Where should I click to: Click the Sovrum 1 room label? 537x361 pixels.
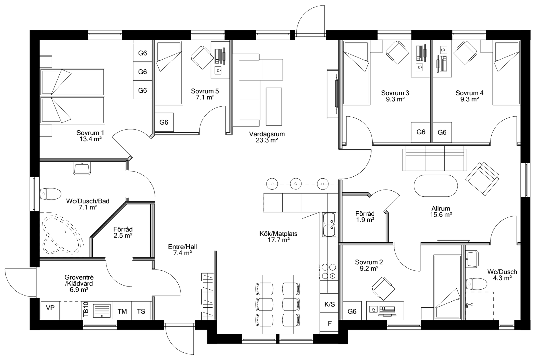pyautogui.click(x=90, y=133)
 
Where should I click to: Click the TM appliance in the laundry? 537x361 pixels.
pyautogui.click(x=122, y=311)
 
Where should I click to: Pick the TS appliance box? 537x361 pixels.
pyautogui.click(x=141, y=311)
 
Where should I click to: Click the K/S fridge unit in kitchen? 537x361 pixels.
pyautogui.click(x=329, y=304)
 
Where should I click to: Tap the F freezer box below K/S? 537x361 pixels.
pyautogui.click(x=329, y=323)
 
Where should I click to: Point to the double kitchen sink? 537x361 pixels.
pyautogui.click(x=329, y=225)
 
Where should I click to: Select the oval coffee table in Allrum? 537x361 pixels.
pyautogui.click(x=436, y=186)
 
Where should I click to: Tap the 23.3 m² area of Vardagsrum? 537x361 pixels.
pyautogui.click(x=267, y=140)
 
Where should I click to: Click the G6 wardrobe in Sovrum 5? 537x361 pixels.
pyautogui.click(x=164, y=122)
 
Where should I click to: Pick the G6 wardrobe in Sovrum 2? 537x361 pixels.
pyautogui.click(x=352, y=311)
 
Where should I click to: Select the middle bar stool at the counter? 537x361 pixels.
pyautogui.click(x=296, y=184)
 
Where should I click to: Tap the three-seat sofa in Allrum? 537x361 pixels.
pyautogui.click(x=435, y=159)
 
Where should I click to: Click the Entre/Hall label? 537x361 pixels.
pyautogui.click(x=182, y=247)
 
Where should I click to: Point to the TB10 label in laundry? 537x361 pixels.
pyautogui.click(x=85, y=310)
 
